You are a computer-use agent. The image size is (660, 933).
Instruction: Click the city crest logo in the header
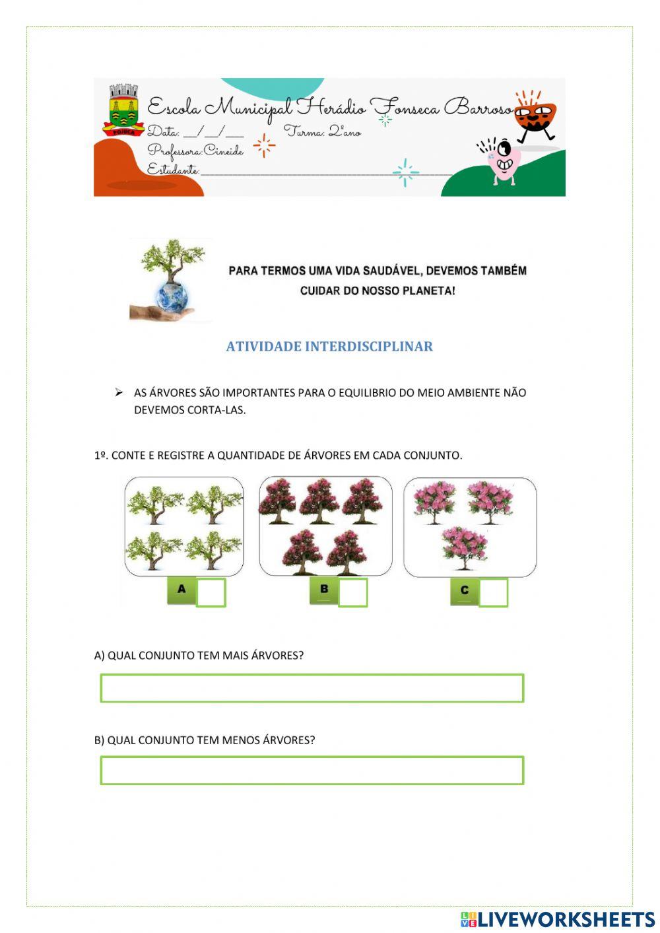(123, 110)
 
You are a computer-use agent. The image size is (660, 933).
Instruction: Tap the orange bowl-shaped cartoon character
(535, 117)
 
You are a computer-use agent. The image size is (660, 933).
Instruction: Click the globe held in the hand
(172, 295)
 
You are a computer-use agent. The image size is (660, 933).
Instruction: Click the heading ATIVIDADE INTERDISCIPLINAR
(329, 347)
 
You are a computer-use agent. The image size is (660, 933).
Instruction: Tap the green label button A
(181, 590)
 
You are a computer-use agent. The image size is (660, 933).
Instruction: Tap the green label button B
(324, 590)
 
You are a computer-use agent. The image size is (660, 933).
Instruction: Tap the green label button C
(464, 590)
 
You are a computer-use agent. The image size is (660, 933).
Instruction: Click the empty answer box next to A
(211, 592)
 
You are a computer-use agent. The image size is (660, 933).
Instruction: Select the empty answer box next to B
(353, 592)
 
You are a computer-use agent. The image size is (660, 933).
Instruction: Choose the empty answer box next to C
(493, 592)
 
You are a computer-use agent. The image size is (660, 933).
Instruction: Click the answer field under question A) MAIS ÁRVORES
(312, 688)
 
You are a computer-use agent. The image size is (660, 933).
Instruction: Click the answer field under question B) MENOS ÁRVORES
(312, 771)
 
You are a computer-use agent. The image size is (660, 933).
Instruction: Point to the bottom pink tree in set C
(465, 547)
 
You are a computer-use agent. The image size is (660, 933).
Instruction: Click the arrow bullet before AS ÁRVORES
(119, 393)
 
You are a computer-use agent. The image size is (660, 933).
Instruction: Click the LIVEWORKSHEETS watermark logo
(558, 919)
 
